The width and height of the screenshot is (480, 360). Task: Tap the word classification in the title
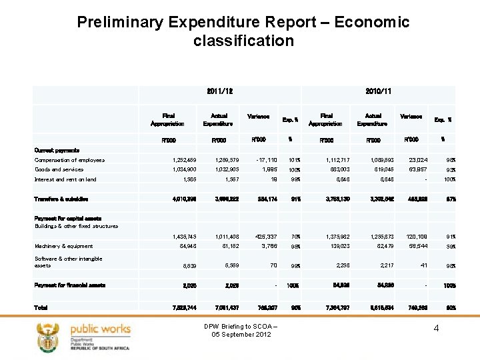[x=243, y=41]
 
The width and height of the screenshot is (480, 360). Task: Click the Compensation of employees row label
[x=70, y=160]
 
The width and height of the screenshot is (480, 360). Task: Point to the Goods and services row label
[x=59, y=169]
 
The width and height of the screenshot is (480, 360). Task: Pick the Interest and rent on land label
[x=65, y=179]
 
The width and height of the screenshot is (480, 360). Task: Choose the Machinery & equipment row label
[x=64, y=246]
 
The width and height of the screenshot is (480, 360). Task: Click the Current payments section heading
[x=57, y=151]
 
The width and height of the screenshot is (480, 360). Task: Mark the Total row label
[x=41, y=307]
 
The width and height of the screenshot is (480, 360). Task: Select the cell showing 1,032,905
[x=218, y=169]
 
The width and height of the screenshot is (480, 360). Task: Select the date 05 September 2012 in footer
[x=239, y=334]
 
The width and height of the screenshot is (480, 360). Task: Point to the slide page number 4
[x=435, y=328]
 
